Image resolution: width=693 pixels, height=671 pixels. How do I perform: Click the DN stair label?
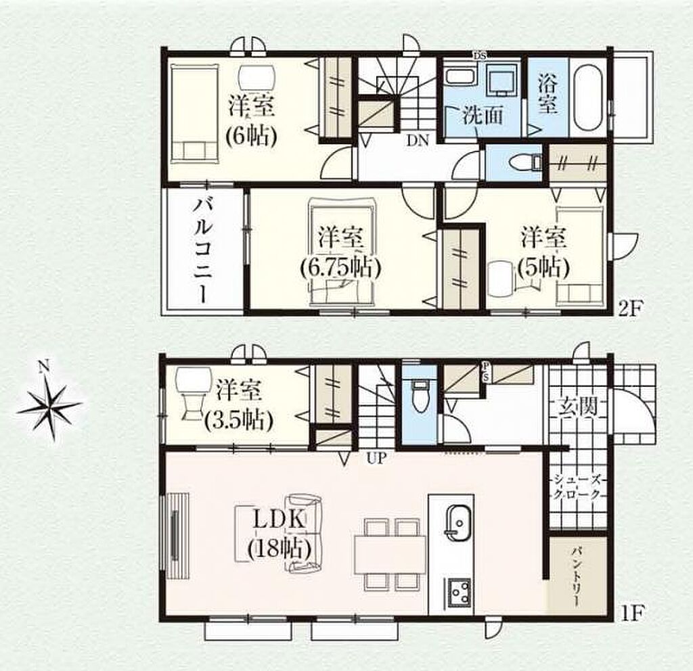coord(418,141)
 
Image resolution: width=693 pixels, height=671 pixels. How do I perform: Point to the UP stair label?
coord(376,459)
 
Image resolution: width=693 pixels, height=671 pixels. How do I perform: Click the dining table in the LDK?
coord(390,555)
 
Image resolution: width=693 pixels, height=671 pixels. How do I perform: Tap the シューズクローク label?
coord(578,486)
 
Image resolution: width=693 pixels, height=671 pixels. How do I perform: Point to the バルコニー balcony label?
coord(204,250)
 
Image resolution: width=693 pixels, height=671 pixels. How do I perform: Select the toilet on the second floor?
coord(525,163)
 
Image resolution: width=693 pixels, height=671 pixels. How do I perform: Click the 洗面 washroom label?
coord(483,116)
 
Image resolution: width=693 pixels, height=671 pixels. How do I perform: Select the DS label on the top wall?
coord(480,55)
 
